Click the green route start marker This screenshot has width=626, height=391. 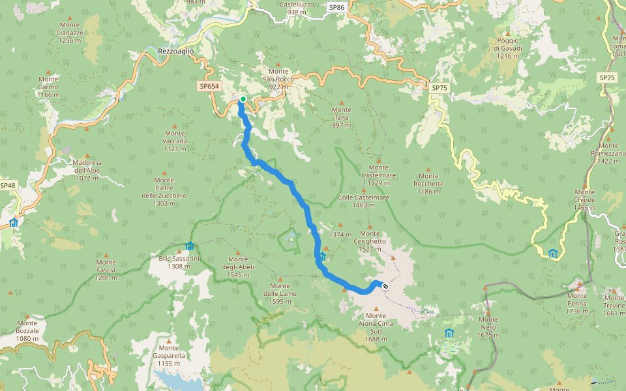coord(243,100)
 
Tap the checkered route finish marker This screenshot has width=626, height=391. coord(385,285)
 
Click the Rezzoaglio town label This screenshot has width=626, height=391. coord(176,51)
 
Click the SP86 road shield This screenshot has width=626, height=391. coord(336,7)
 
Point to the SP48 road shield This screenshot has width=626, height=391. coord(7,186)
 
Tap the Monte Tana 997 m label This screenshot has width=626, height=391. coord(341,117)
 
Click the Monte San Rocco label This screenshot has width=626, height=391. coord(278,78)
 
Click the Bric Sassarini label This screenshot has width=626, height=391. coord(179,262)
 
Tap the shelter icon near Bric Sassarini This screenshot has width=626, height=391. coord(190,246)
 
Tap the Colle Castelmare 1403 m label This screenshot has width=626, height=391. coord(364,201)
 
